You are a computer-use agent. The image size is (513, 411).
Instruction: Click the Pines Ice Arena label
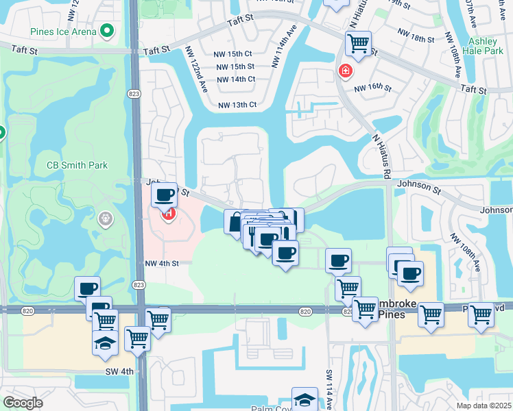(x=63, y=32)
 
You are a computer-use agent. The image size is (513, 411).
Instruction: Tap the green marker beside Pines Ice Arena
(x=106, y=31)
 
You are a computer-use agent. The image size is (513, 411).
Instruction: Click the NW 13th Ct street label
(x=237, y=105)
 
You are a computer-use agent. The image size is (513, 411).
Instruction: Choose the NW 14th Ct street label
(x=237, y=79)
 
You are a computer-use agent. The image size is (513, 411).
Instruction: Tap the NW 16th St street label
(x=372, y=88)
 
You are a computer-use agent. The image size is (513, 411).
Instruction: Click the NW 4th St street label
(x=161, y=263)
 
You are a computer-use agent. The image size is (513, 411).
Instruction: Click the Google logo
(x=23, y=403)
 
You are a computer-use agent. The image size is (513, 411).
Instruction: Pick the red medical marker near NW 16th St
(x=345, y=71)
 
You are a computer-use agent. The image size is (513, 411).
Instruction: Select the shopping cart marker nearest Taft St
(x=358, y=43)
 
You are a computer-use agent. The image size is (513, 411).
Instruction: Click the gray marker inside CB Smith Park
(x=105, y=219)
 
